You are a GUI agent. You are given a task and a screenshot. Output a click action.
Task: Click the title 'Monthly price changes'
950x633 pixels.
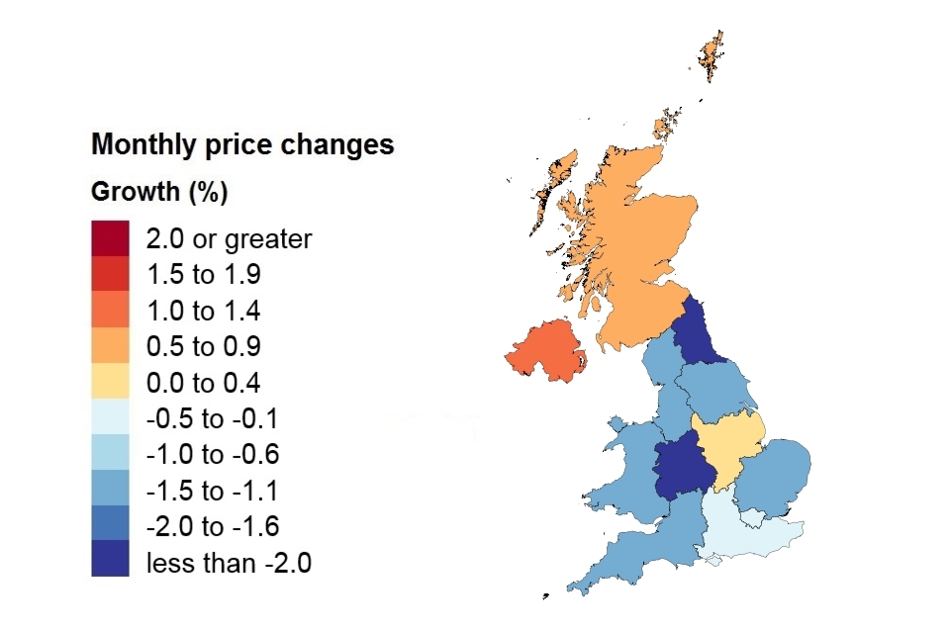pyautogui.click(x=242, y=145)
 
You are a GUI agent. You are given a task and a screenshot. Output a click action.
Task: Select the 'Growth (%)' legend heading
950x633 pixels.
pyautogui.click(x=159, y=192)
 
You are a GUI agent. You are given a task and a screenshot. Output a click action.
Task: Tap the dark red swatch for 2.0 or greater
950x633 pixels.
pyautogui.click(x=110, y=238)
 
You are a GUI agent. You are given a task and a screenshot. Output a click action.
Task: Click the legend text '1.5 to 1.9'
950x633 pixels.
pyautogui.click(x=203, y=275)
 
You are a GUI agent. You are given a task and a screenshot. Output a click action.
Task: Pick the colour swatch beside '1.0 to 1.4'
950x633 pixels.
pyautogui.click(x=110, y=311)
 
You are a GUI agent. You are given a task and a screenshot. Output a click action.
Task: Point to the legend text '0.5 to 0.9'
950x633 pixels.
pyautogui.click(x=203, y=347)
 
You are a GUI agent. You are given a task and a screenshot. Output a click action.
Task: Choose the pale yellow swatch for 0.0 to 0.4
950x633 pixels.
pyautogui.click(x=110, y=383)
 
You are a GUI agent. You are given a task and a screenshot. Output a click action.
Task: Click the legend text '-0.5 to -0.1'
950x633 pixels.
pyautogui.click(x=212, y=419)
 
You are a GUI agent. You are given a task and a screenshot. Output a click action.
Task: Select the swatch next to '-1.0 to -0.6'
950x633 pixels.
pyautogui.click(x=110, y=455)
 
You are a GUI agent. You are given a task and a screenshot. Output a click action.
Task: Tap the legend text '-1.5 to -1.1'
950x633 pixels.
pyautogui.click(x=212, y=492)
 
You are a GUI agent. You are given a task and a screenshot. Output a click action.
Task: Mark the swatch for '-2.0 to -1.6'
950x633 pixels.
pyautogui.click(x=110, y=527)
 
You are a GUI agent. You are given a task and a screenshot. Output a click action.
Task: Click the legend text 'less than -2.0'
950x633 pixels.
pyautogui.click(x=229, y=564)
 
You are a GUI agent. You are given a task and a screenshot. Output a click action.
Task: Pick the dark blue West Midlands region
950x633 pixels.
pyautogui.click(x=683, y=465)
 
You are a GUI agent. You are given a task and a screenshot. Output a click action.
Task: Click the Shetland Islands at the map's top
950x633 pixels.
pyautogui.click(x=710, y=54)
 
